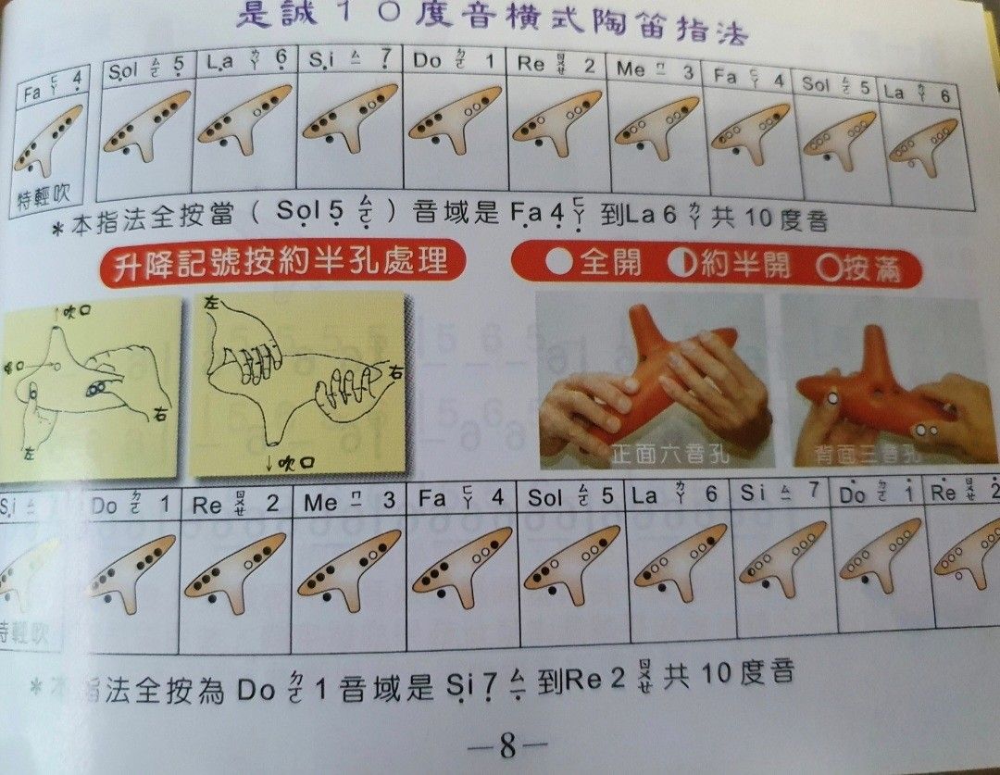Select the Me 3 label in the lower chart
(x=348, y=501)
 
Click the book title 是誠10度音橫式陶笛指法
(x=491, y=20)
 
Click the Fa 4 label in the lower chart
(x=461, y=499)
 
